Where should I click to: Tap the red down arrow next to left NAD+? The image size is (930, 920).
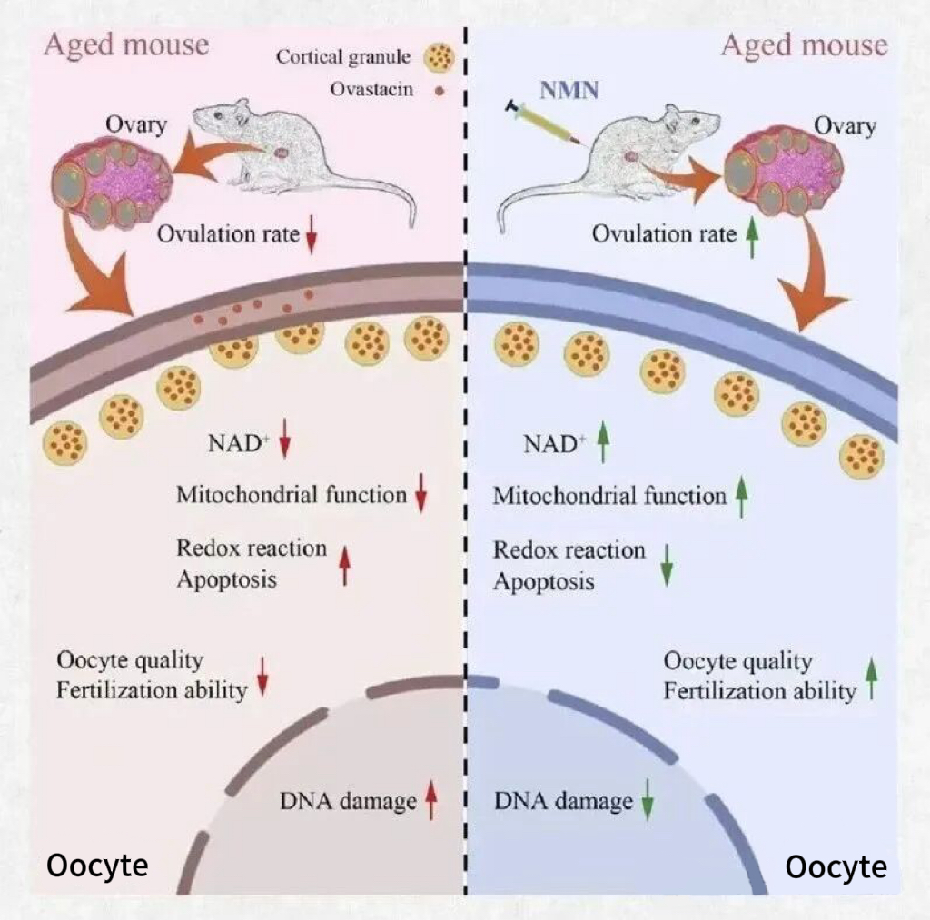tap(285, 445)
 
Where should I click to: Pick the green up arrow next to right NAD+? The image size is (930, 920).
tap(601, 445)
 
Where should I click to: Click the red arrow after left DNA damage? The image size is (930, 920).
tap(431, 803)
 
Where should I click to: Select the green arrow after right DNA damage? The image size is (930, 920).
tap(648, 803)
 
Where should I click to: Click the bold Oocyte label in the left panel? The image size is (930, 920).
tap(97, 866)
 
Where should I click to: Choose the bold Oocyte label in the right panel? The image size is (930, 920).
tap(836, 867)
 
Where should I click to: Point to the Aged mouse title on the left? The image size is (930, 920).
tap(126, 45)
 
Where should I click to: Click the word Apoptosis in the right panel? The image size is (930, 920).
tap(543, 581)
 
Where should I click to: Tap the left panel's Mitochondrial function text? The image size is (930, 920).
tap(291, 495)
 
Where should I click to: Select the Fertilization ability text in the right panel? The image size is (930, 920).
tap(759, 690)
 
